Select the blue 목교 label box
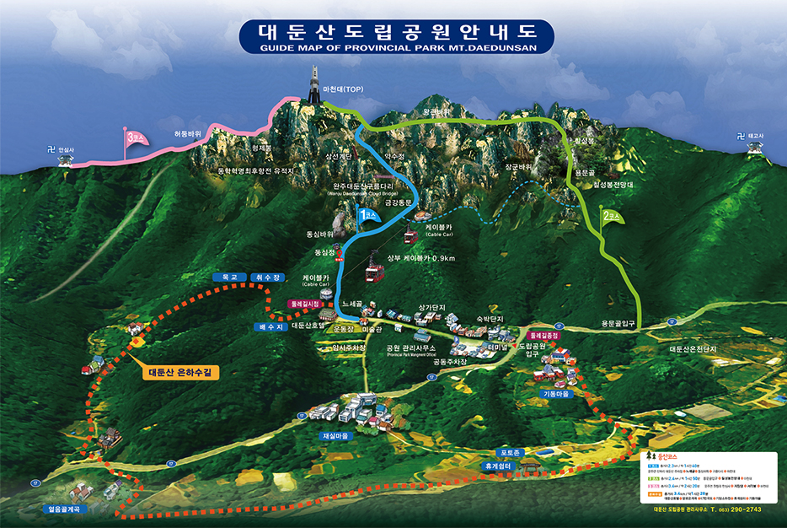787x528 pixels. pyautogui.click(x=231, y=277)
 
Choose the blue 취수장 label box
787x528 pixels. pyautogui.click(x=269, y=277)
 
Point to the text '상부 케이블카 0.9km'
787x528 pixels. pyautogui.click(x=421, y=258)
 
